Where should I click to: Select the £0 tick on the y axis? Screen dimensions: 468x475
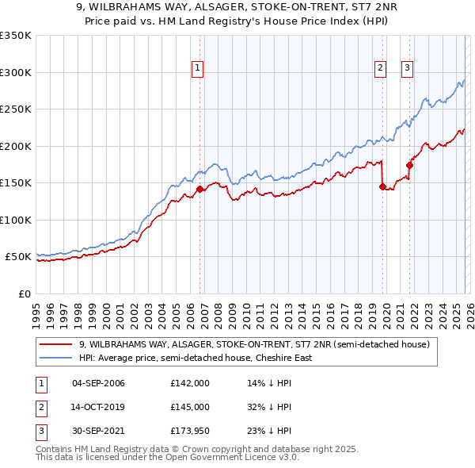(24, 294)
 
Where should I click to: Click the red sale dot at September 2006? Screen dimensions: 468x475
(199, 189)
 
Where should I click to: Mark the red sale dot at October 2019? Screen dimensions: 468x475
(382, 187)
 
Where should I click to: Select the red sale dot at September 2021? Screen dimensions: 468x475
(410, 166)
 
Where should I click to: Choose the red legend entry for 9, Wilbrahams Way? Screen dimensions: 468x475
(253, 344)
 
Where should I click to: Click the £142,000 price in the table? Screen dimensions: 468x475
(189, 383)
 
